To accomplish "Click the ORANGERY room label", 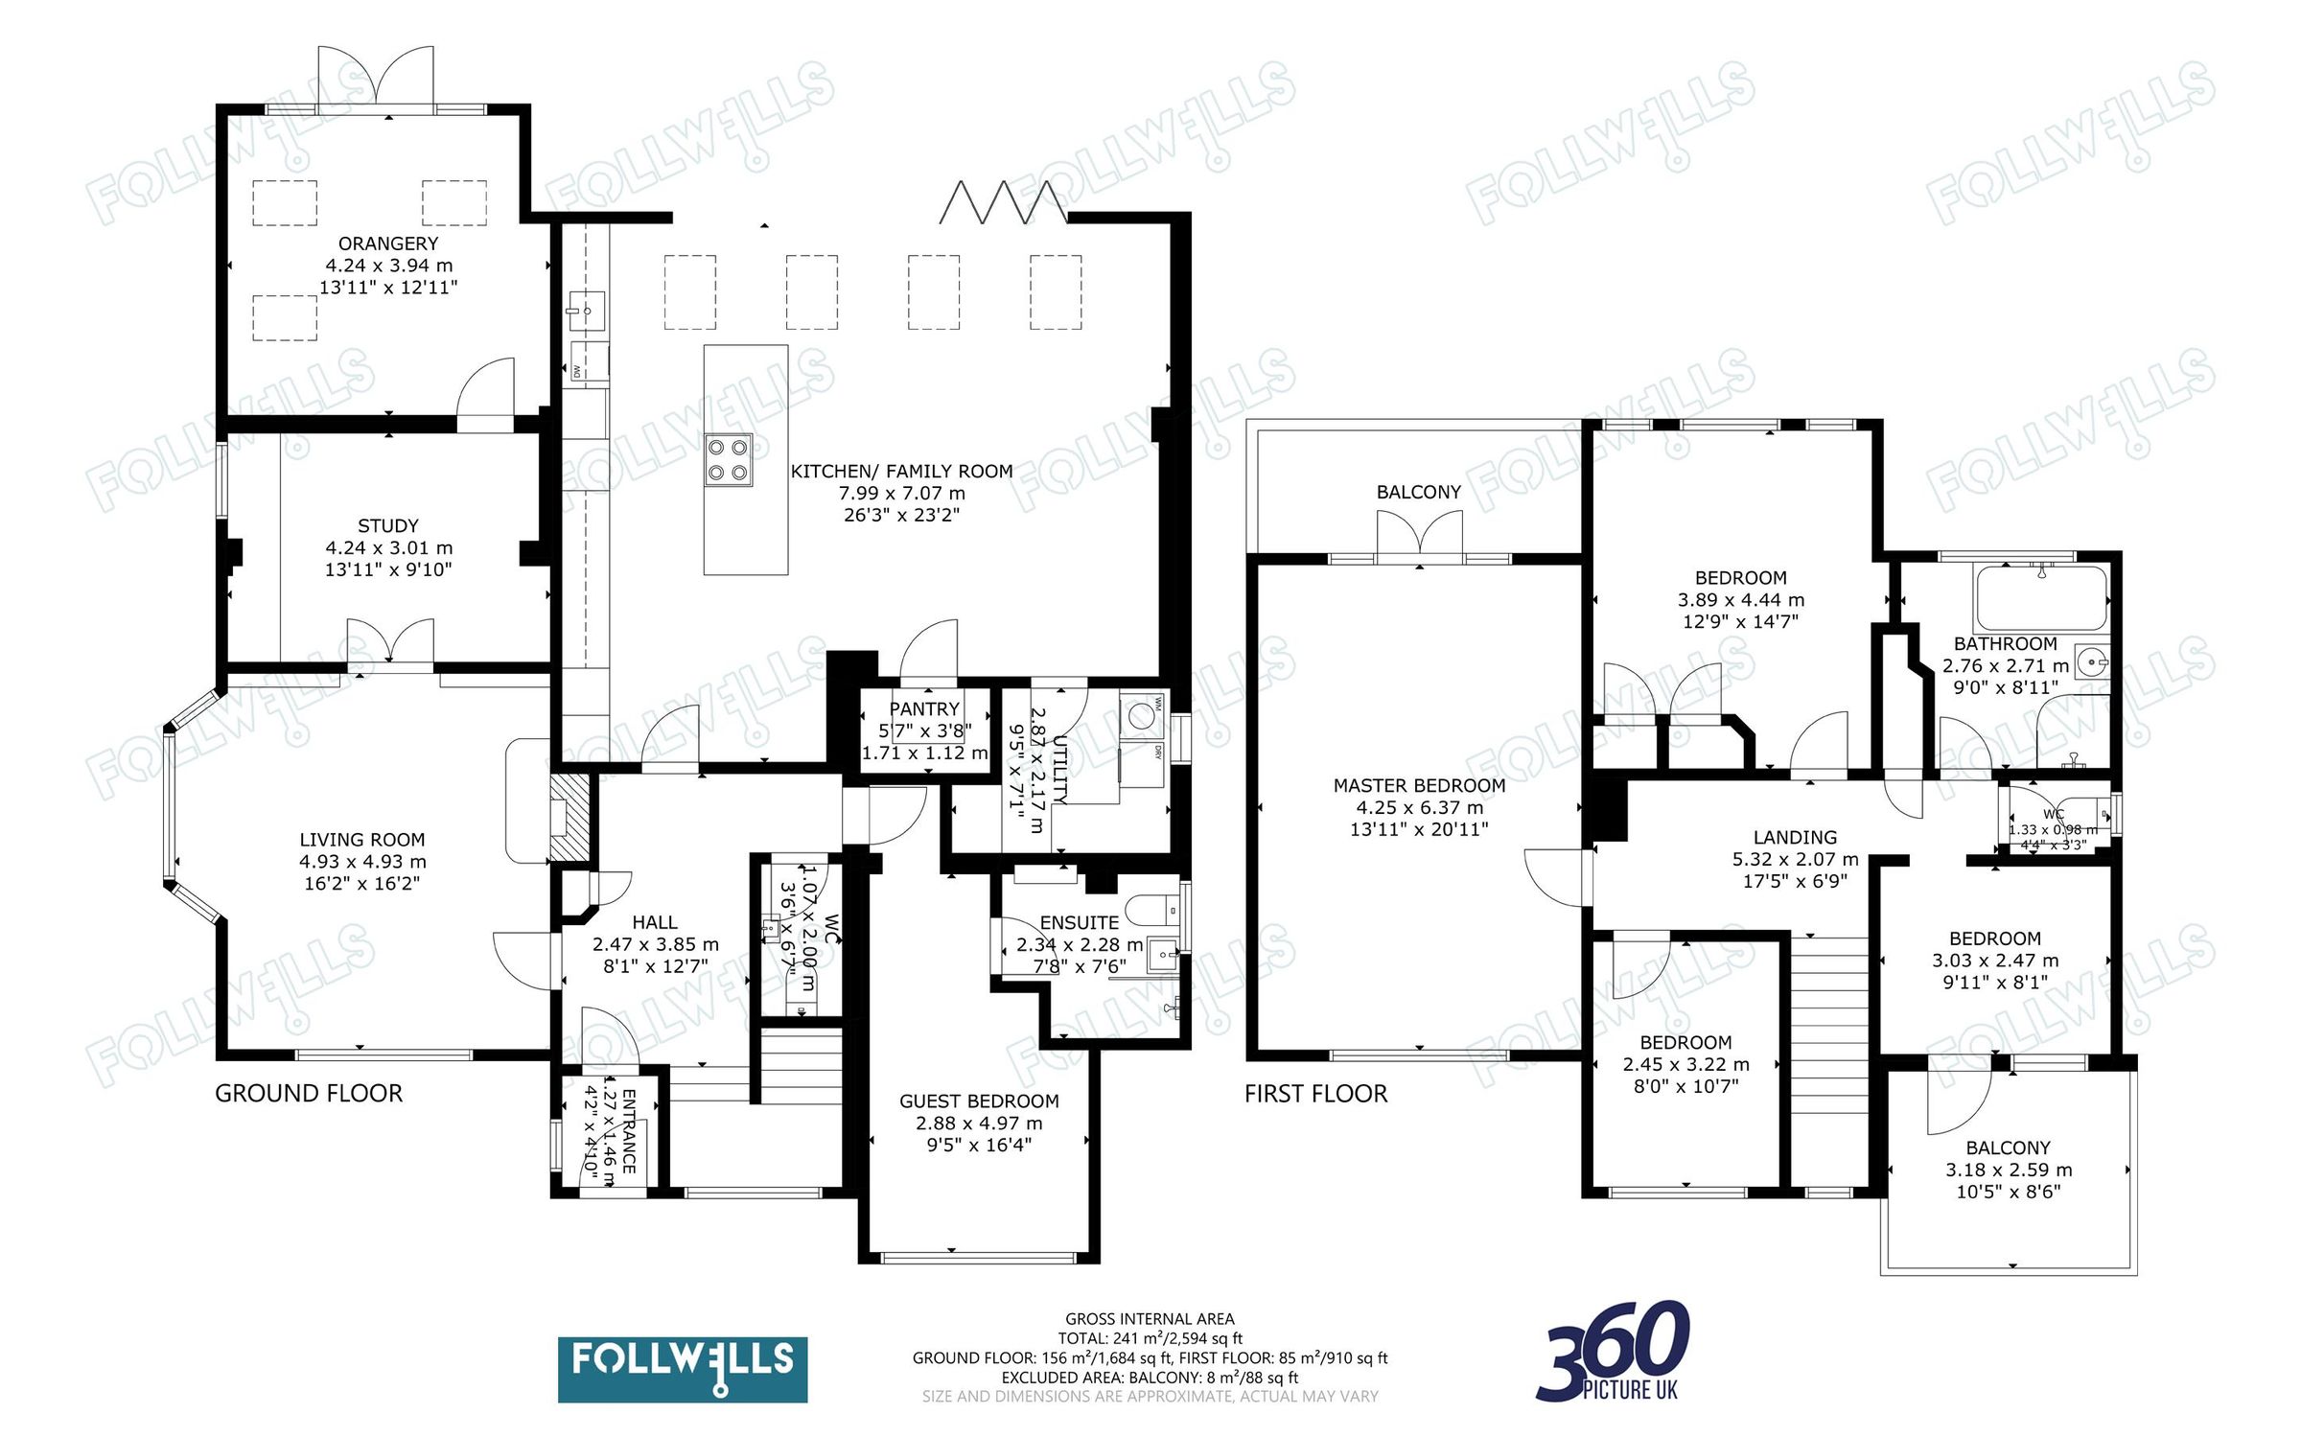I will pos(388,243).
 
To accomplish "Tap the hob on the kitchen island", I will pos(729,459).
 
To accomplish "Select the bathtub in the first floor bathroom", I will pos(2040,598).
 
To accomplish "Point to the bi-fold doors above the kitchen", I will pos(1003,201).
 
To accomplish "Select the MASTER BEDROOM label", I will pos(1419,785).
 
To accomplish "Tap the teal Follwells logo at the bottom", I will pos(682,1369).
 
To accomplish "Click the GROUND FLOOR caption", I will pos(308,1093).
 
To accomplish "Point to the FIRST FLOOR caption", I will pos(1315,1094).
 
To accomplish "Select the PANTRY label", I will pos(924,708).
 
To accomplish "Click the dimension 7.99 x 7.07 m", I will pos(901,493).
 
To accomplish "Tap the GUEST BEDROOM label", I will pos(978,1101).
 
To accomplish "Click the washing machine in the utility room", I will pos(1141,716).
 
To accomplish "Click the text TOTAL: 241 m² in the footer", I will pos(1150,1338).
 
